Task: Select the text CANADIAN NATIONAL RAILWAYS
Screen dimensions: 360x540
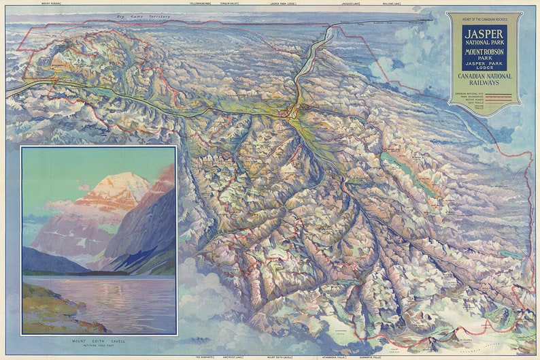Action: pyautogui.click(x=484, y=82)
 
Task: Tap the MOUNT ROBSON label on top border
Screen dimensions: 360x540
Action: pyautogui.click(x=51, y=3)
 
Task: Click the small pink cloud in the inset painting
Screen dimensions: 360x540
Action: pyautogui.click(x=84, y=187)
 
